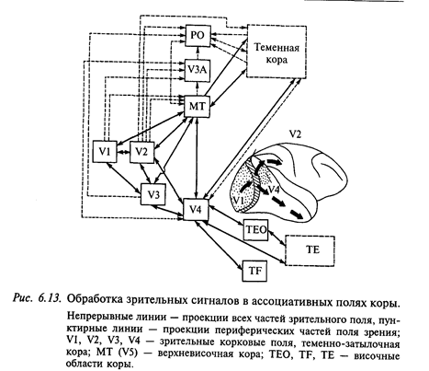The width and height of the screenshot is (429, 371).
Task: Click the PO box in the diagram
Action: click(x=198, y=36)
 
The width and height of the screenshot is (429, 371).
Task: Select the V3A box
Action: click(x=198, y=70)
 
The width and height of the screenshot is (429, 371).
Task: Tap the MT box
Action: click(x=198, y=106)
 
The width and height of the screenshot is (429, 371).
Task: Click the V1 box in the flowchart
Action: click(x=105, y=151)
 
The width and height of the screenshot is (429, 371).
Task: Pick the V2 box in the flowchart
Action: click(x=141, y=151)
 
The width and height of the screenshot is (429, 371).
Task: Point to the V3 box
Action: click(x=153, y=194)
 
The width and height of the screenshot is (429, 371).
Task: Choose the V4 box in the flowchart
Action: click(x=196, y=209)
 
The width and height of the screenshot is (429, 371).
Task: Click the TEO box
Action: click(x=255, y=229)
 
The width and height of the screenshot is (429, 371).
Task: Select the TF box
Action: click(x=254, y=271)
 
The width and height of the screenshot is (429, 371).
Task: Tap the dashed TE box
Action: click(x=310, y=250)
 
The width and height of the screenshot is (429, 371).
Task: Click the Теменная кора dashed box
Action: click(x=277, y=52)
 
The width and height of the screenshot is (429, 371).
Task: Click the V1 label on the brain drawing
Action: click(x=239, y=201)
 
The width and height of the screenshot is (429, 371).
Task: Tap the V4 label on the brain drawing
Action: click(x=274, y=190)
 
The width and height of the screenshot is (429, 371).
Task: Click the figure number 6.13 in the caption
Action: click(x=49, y=298)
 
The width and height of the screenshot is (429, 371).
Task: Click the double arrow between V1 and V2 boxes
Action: click(x=123, y=152)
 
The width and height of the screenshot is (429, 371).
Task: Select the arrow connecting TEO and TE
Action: click(x=277, y=238)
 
